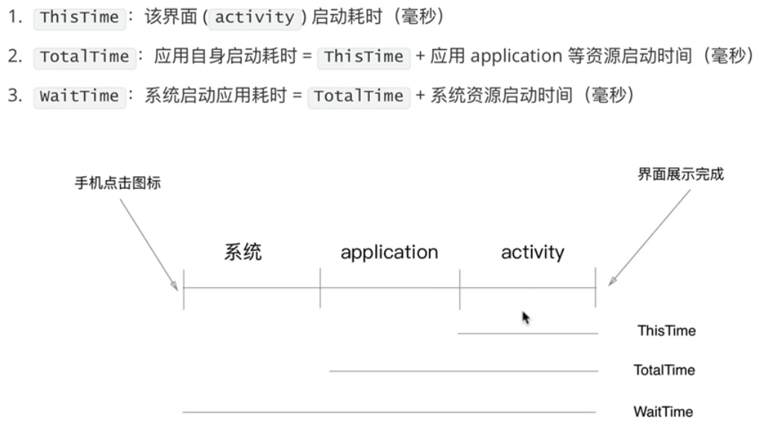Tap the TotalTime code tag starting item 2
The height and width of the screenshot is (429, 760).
point(84,57)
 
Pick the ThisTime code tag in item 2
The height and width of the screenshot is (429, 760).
point(364,57)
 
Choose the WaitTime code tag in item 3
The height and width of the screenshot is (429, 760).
point(80,96)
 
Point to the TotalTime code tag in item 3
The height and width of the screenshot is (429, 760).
point(359,96)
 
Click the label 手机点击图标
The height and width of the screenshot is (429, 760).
point(118,184)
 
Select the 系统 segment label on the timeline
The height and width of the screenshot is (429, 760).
point(243,252)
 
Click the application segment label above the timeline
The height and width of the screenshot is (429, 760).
point(389,252)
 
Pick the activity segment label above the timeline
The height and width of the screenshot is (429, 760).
point(533,252)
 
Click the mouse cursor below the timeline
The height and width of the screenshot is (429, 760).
point(526,318)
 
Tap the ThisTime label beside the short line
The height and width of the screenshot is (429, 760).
point(666,331)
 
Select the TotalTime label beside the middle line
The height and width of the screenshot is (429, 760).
point(664,370)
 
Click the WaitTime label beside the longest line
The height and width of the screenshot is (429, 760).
point(663,411)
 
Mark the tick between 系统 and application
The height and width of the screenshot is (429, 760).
point(320,288)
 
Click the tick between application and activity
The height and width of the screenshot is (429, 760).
point(459,288)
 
